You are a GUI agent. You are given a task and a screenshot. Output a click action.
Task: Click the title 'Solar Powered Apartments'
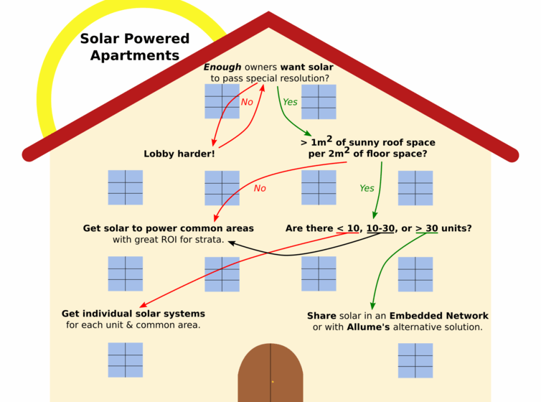135,47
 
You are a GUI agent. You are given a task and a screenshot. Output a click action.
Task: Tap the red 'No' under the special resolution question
247,102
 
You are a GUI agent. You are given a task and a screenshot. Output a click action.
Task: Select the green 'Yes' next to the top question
290,102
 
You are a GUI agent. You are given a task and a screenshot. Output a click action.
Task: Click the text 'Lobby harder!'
179,154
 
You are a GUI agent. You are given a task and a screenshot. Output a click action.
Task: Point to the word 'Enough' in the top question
222,67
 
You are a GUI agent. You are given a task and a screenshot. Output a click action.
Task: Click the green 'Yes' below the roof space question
367,188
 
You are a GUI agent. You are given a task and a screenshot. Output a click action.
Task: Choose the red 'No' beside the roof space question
260,188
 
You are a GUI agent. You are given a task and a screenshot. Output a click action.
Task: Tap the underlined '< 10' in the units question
348,228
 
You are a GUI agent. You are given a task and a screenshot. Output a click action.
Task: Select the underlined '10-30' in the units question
380,228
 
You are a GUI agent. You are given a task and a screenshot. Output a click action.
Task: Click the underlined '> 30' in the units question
426,228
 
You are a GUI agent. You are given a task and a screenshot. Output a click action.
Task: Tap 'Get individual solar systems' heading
133,314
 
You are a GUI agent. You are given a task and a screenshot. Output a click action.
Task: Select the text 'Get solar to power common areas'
168,228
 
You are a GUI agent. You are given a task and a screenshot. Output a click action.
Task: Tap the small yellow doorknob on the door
273,381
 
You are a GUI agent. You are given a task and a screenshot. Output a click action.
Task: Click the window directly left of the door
126,360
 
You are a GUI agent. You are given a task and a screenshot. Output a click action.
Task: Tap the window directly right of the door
415,360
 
